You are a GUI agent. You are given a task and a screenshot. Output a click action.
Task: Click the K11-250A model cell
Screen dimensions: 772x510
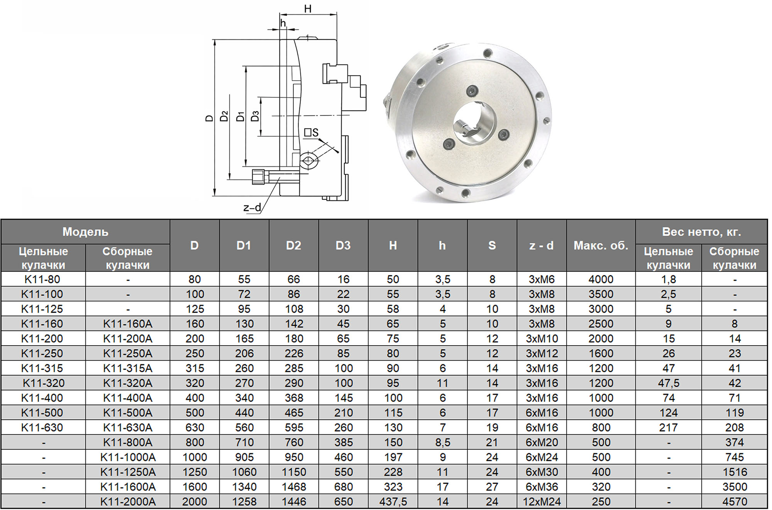click(127, 353)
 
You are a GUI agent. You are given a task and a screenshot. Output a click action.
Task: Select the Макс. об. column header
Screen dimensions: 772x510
click(601, 246)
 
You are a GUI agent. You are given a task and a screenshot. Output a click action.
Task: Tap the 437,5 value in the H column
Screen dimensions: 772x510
click(393, 502)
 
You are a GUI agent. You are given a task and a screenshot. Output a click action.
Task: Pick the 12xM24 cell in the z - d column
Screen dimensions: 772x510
click(542, 502)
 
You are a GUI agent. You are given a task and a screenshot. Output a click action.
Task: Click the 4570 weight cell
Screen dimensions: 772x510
click(734, 502)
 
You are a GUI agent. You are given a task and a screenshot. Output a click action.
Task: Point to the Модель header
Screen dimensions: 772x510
click(85, 232)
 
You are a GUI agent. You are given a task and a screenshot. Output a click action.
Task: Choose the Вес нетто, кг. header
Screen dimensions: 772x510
click(701, 232)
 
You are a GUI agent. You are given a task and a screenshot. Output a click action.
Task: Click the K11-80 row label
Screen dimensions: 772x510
click(42, 279)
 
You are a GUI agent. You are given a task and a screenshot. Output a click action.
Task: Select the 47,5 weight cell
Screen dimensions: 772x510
click(669, 383)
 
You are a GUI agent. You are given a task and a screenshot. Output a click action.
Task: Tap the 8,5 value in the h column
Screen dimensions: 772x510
click(442, 442)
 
